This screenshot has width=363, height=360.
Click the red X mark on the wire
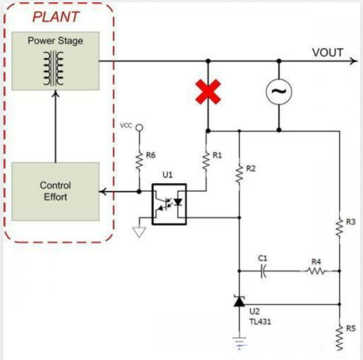pos(208,92)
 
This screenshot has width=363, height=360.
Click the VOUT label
pos(328,53)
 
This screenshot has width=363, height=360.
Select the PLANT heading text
pos(55,17)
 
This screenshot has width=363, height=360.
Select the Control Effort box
pos(55,191)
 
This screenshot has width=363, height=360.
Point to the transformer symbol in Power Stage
pos(55,68)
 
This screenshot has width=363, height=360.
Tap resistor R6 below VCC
pos(139,161)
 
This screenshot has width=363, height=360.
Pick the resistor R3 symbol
pos(338,227)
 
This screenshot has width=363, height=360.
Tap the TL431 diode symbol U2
pos(239,301)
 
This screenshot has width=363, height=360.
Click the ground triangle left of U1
pos(138,231)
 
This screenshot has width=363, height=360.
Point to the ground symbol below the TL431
pos(239,342)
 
